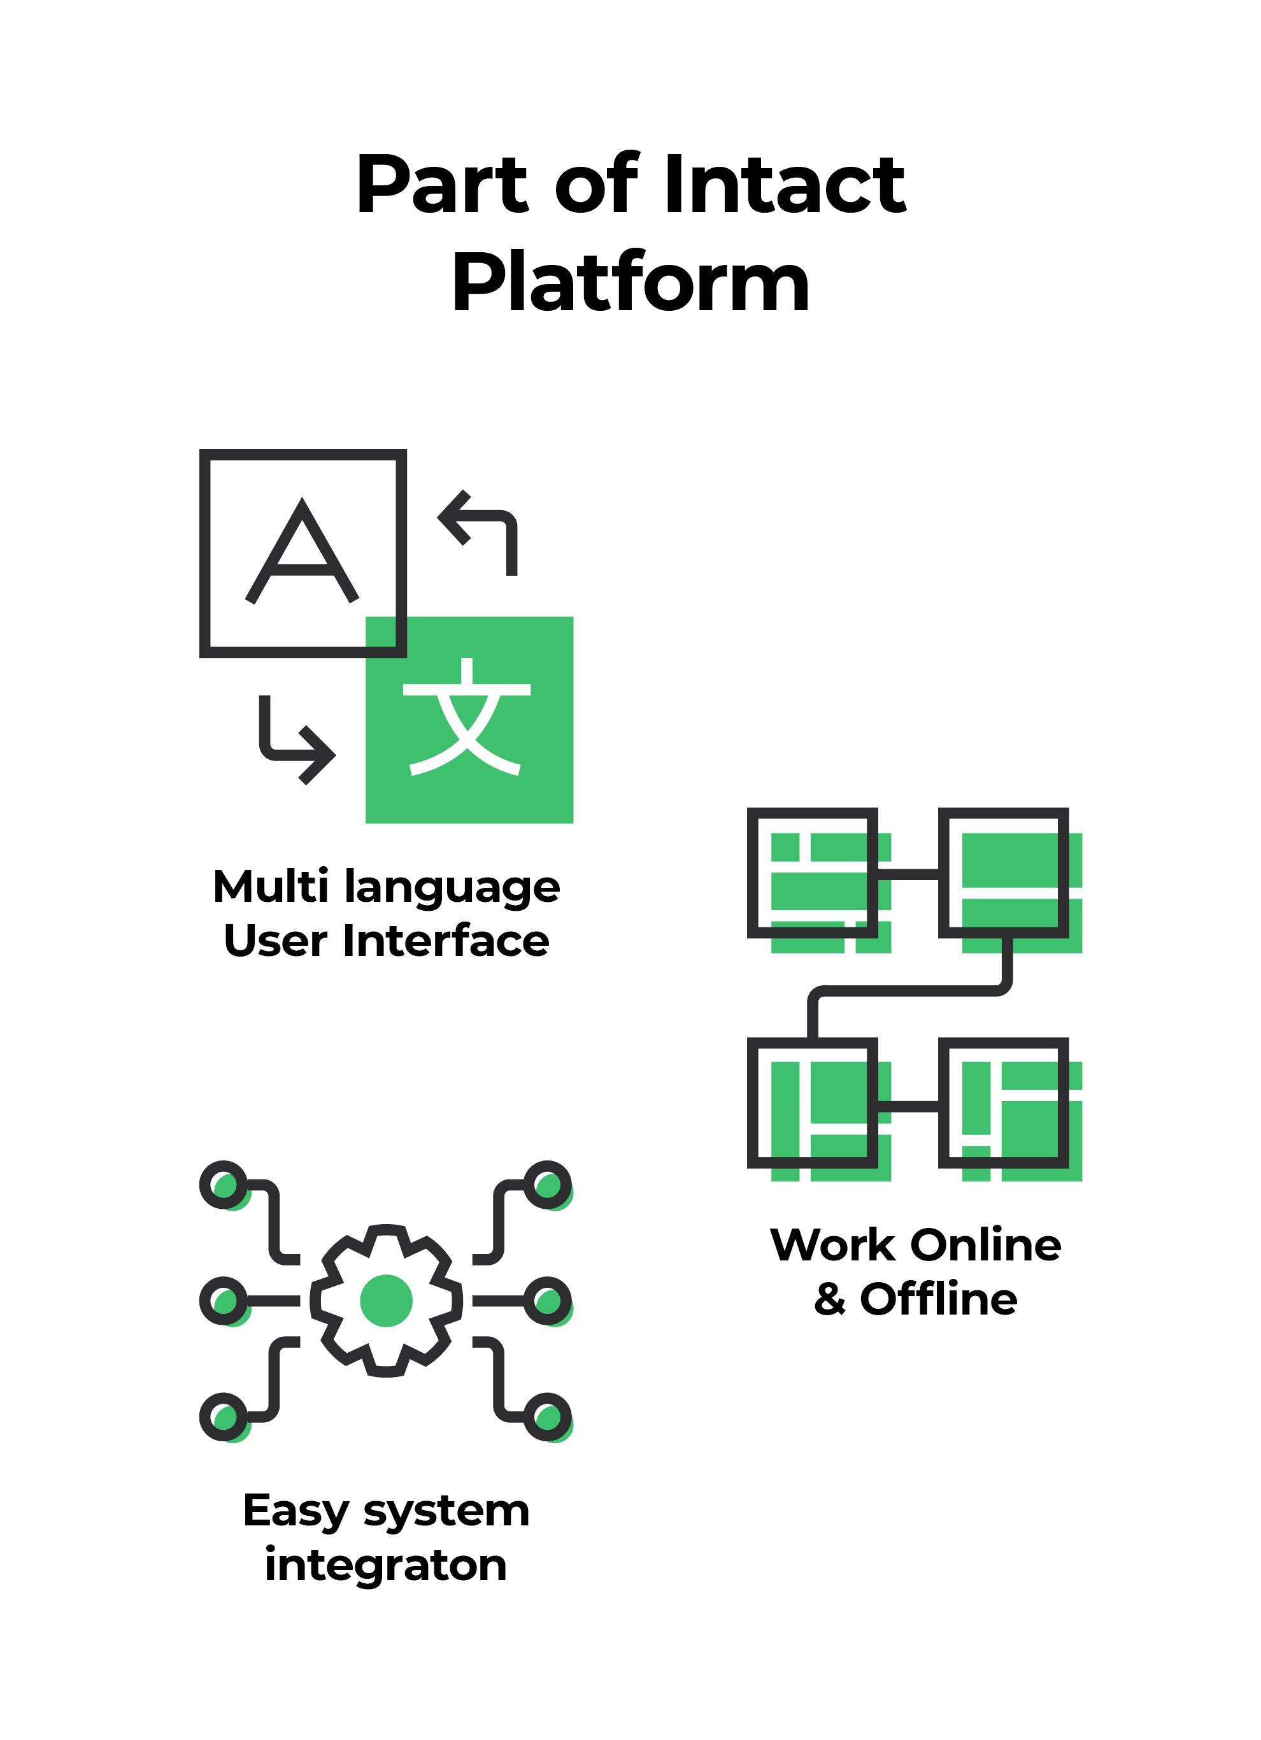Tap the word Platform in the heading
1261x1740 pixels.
tap(630, 283)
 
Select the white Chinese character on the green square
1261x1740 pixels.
tap(466, 717)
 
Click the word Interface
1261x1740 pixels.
tap(446, 941)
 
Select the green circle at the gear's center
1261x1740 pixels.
tap(386, 1301)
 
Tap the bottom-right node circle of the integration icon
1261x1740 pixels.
tap(548, 1416)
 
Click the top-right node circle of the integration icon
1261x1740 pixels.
tap(548, 1185)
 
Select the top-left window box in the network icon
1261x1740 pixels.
tap(812, 873)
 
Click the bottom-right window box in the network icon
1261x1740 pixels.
tap(1003, 1102)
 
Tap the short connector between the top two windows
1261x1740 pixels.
tap(908, 874)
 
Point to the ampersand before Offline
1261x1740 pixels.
tap(830, 1300)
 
